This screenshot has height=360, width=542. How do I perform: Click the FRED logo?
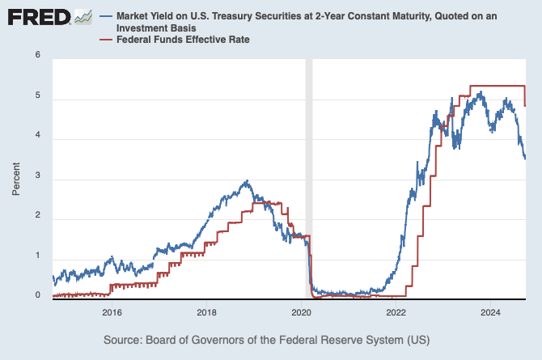pyautogui.click(x=37, y=17)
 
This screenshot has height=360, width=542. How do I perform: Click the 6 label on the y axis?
pyautogui.click(x=37, y=55)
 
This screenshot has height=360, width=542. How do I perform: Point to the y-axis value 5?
pyautogui.click(x=37, y=99)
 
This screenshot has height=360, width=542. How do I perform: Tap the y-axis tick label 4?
pyautogui.click(x=37, y=138)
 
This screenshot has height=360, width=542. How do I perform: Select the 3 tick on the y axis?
pyautogui.click(x=37, y=178)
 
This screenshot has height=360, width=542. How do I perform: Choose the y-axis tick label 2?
pyautogui.click(x=37, y=218)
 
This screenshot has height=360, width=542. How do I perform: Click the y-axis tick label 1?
pyautogui.click(x=37, y=256)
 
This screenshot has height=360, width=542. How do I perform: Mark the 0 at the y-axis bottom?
pyautogui.click(x=37, y=296)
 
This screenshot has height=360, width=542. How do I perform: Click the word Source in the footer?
pyautogui.click(x=125, y=339)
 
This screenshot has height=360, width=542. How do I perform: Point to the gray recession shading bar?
pyautogui.click(x=308, y=178)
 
